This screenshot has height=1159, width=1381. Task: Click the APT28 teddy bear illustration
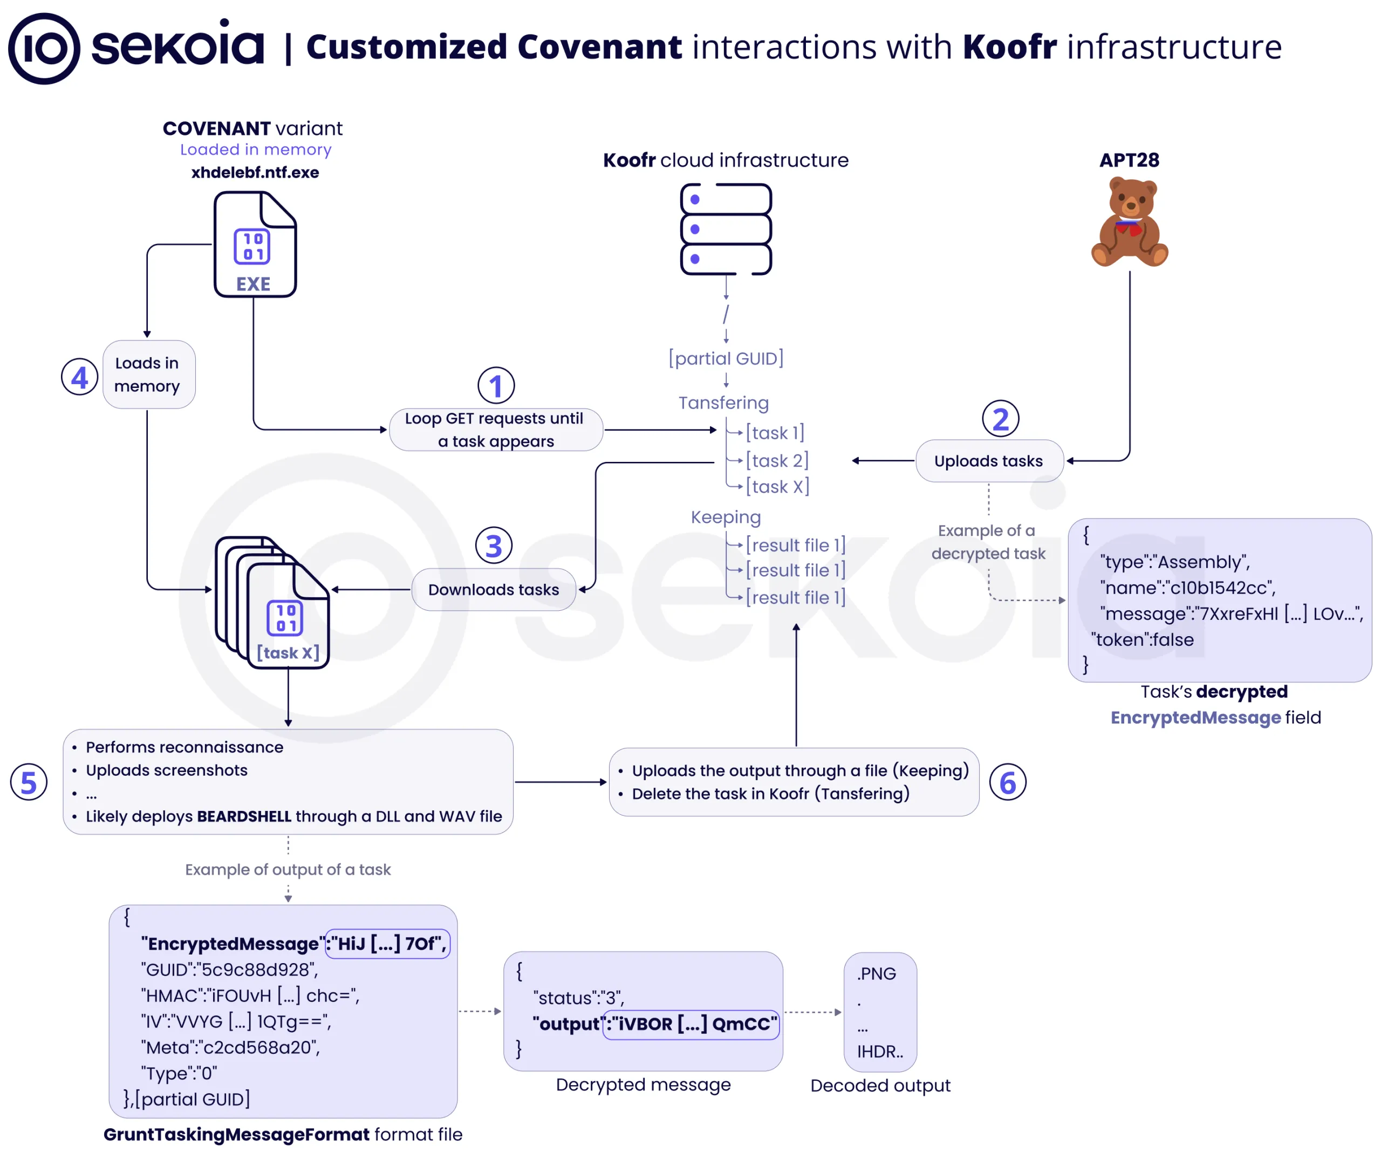pyautogui.click(x=1129, y=222)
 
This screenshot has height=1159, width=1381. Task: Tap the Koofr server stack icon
pyautogui.click(x=726, y=229)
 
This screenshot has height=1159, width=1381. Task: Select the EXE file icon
pyautogui.click(x=255, y=244)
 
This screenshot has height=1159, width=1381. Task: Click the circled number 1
pyautogui.click(x=496, y=385)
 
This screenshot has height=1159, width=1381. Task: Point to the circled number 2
pyautogui.click(x=1000, y=418)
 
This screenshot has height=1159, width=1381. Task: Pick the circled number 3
pyautogui.click(x=494, y=546)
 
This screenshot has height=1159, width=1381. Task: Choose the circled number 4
pyautogui.click(x=80, y=377)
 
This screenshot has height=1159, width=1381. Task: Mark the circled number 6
pyautogui.click(x=1008, y=782)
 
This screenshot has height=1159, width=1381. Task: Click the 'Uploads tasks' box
pyautogui.click(x=989, y=461)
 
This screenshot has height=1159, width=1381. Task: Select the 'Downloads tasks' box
pyautogui.click(x=494, y=589)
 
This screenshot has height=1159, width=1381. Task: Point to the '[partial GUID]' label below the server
pyautogui.click(x=726, y=358)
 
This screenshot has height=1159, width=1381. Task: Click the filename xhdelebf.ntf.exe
pyautogui.click(x=255, y=172)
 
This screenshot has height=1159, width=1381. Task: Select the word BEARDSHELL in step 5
pyautogui.click(x=244, y=816)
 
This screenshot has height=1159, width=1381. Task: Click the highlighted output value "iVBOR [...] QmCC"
pyautogui.click(x=691, y=1024)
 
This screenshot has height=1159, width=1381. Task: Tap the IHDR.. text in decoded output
pyautogui.click(x=880, y=1052)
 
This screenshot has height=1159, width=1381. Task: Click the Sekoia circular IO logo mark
pyautogui.click(x=44, y=49)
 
